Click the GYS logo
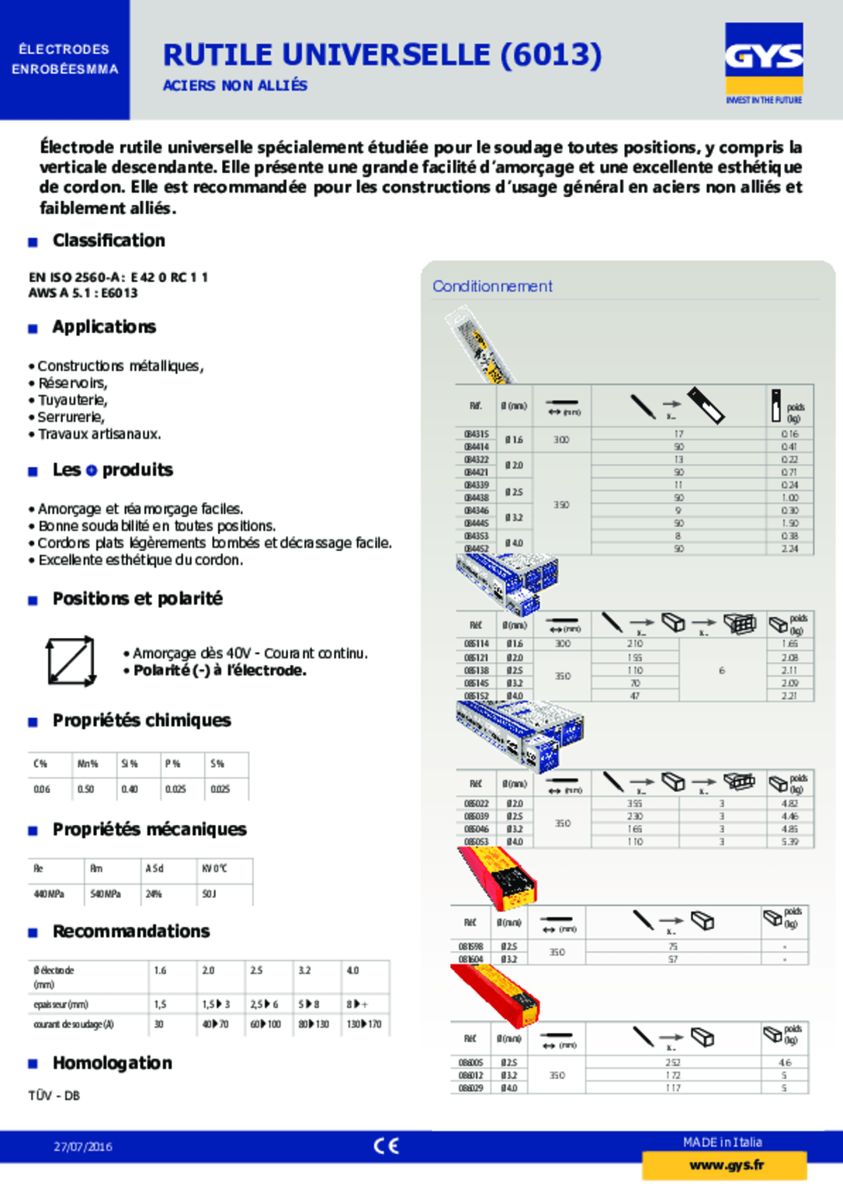click(764, 59)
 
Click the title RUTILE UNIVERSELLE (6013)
click(382, 55)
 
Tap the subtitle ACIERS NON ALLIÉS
click(234, 85)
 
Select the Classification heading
click(109, 241)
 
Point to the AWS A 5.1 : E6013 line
click(83, 293)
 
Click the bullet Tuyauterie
click(72, 400)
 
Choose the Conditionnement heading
click(492, 286)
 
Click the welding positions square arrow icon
click(71, 662)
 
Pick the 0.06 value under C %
click(42, 789)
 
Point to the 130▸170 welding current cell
click(364, 1024)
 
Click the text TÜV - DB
click(54, 1096)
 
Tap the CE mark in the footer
click(386, 1146)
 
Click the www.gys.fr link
click(726, 1166)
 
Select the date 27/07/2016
click(83, 1147)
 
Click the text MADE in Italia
click(722, 1142)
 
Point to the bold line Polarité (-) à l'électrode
click(220, 670)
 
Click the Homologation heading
click(112, 1063)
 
